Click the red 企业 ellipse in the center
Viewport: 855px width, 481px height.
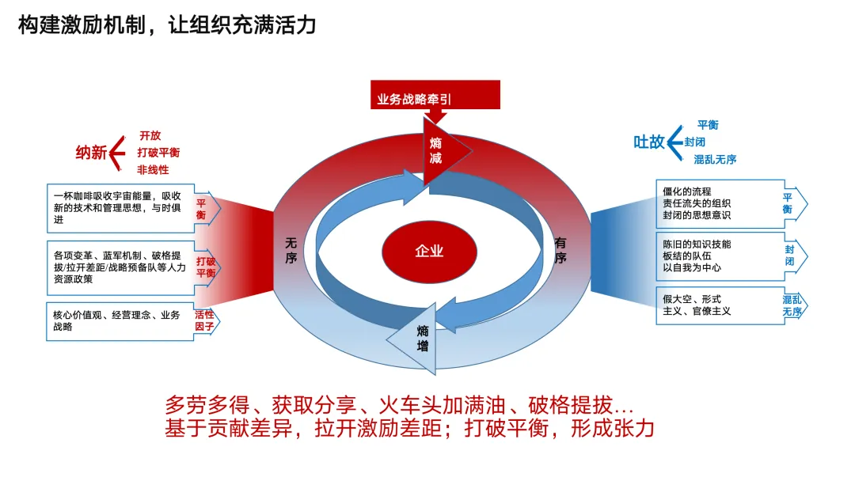click(429, 252)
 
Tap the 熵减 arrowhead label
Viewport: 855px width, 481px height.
click(436, 150)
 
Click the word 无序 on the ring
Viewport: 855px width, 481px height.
click(291, 252)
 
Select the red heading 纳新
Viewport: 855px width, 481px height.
click(91, 153)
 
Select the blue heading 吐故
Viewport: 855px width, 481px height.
click(648, 142)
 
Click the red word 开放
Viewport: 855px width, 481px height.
click(150, 135)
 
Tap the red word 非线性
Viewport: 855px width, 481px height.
click(153, 169)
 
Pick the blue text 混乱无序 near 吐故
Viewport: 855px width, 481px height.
click(715, 159)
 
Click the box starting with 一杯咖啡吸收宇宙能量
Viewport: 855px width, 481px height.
click(119, 207)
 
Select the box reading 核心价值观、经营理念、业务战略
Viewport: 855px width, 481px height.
click(119, 320)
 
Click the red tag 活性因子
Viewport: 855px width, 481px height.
click(205, 320)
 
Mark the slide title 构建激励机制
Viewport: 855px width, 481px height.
click(167, 25)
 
